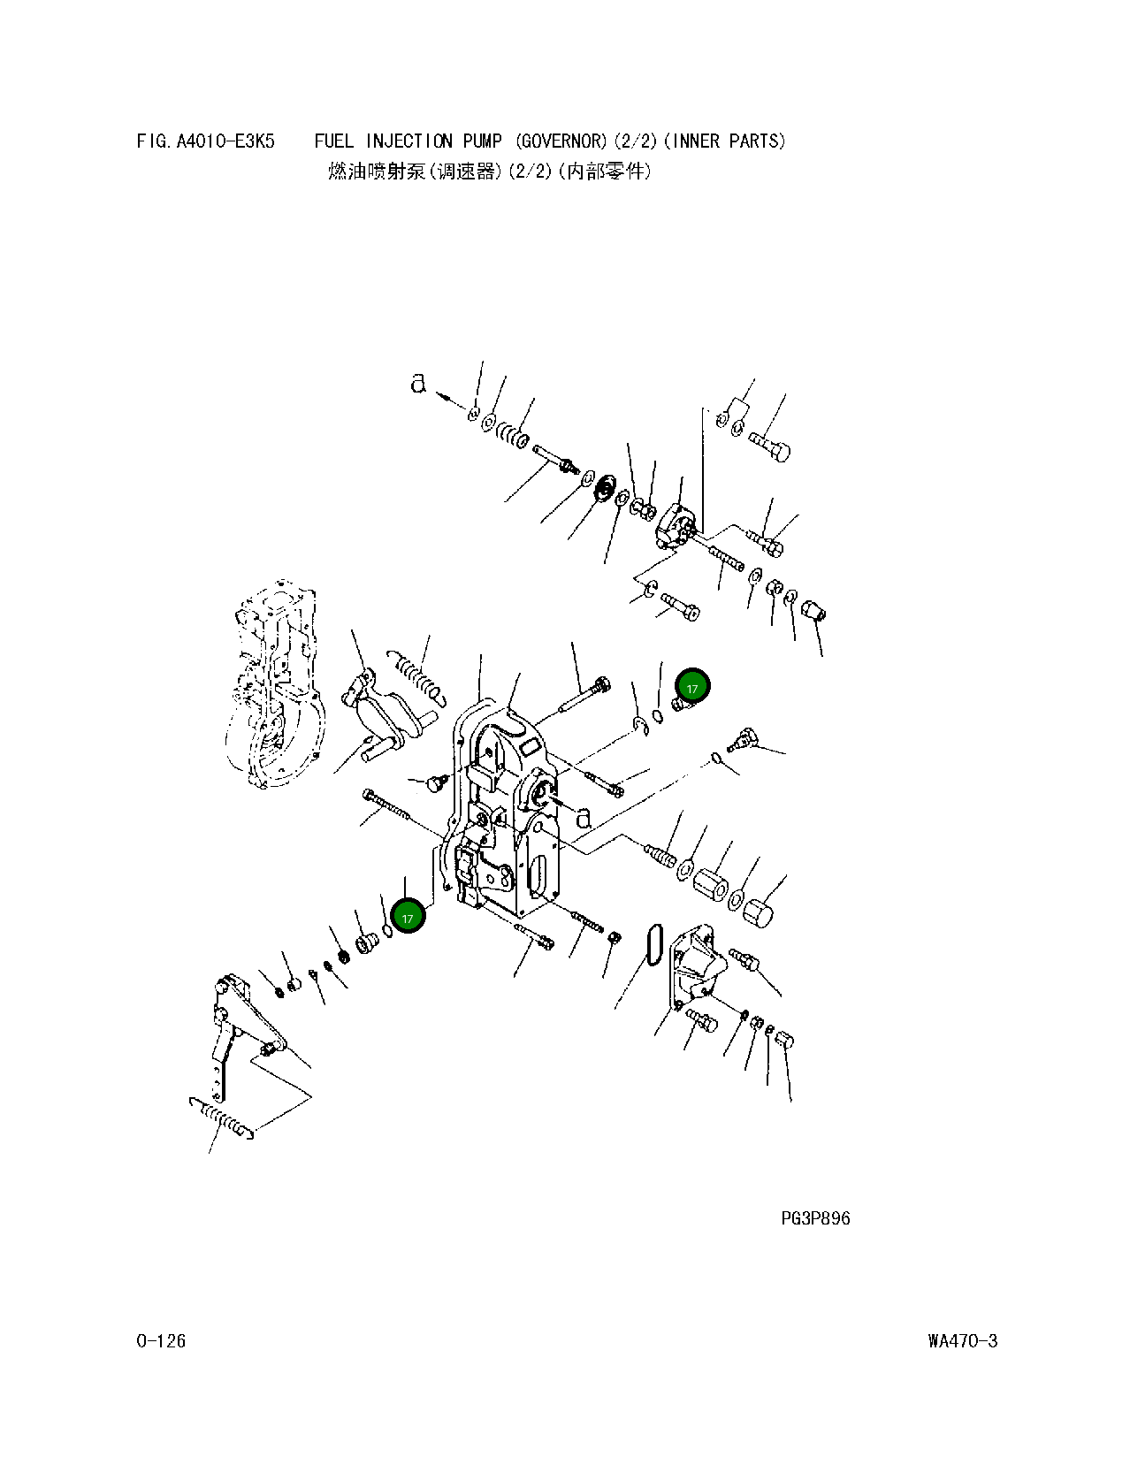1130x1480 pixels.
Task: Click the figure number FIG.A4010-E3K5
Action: click(x=206, y=141)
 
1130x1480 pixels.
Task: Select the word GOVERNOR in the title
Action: click(x=562, y=141)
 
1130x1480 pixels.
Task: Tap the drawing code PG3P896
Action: click(x=815, y=1218)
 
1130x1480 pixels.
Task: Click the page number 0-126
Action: click(x=161, y=1341)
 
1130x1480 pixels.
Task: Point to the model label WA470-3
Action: click(x=962, y=1341)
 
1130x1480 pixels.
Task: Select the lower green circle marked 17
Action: click(x=408, y=918)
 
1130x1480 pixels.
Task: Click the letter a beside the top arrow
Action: click(x=418, y=384)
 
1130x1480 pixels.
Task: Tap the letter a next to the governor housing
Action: click(x=584, y=818)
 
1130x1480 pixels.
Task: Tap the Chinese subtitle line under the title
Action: click(x=489, y=172)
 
